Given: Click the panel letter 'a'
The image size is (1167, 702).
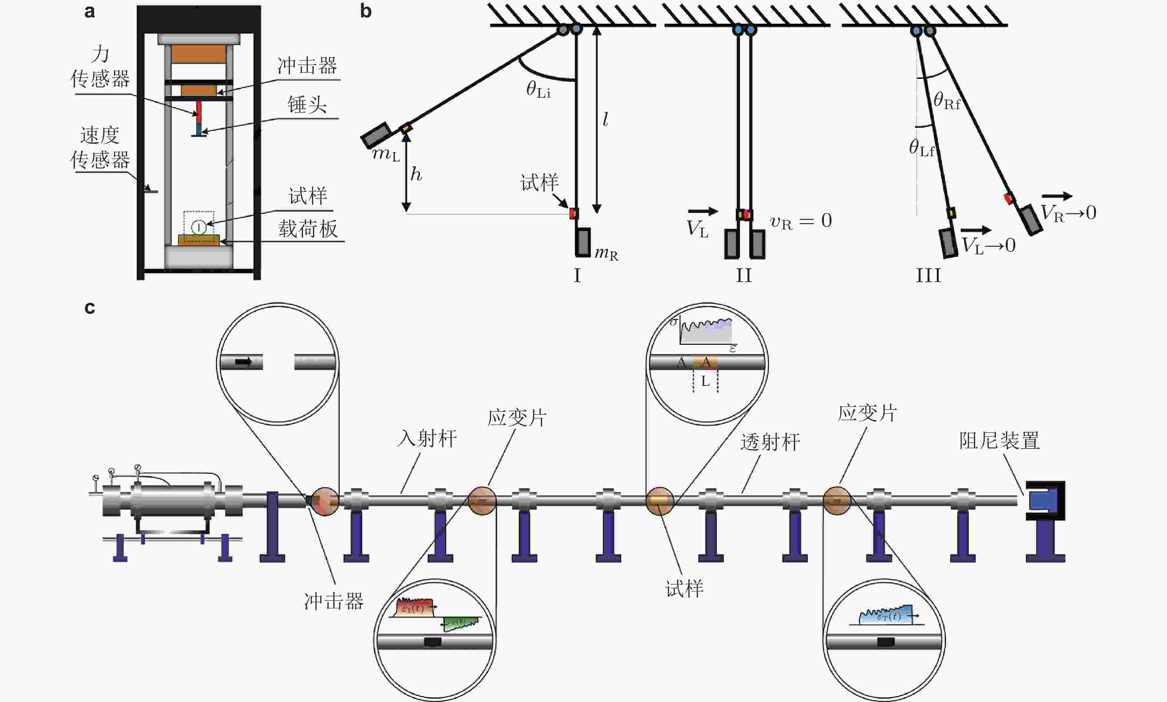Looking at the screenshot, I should click(89, 11).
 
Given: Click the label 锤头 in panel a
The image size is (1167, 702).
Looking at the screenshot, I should click(307, 104).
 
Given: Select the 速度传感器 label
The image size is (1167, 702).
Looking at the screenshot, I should click(100, 148).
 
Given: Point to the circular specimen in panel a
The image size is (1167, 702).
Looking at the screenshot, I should click(199, 227).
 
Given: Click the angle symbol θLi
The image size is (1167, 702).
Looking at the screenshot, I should click(538, 90).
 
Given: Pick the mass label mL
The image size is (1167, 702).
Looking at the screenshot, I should click(386, 154).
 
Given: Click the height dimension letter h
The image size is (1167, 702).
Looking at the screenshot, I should click(416, 174).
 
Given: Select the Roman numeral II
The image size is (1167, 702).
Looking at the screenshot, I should click(744, 275).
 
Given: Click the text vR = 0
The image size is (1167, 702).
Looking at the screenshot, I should click(801, 221).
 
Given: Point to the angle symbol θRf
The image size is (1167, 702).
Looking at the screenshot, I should click(947, 101).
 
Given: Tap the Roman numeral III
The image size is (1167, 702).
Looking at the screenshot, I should click(928, 275).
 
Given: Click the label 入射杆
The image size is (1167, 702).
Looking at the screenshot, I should click(427, 438).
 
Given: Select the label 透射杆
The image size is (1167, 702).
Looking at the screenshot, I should click(770, 443).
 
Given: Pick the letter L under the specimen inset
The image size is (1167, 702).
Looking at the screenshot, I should click(705, 381).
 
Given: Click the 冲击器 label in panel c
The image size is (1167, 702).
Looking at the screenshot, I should click(334, 601).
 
